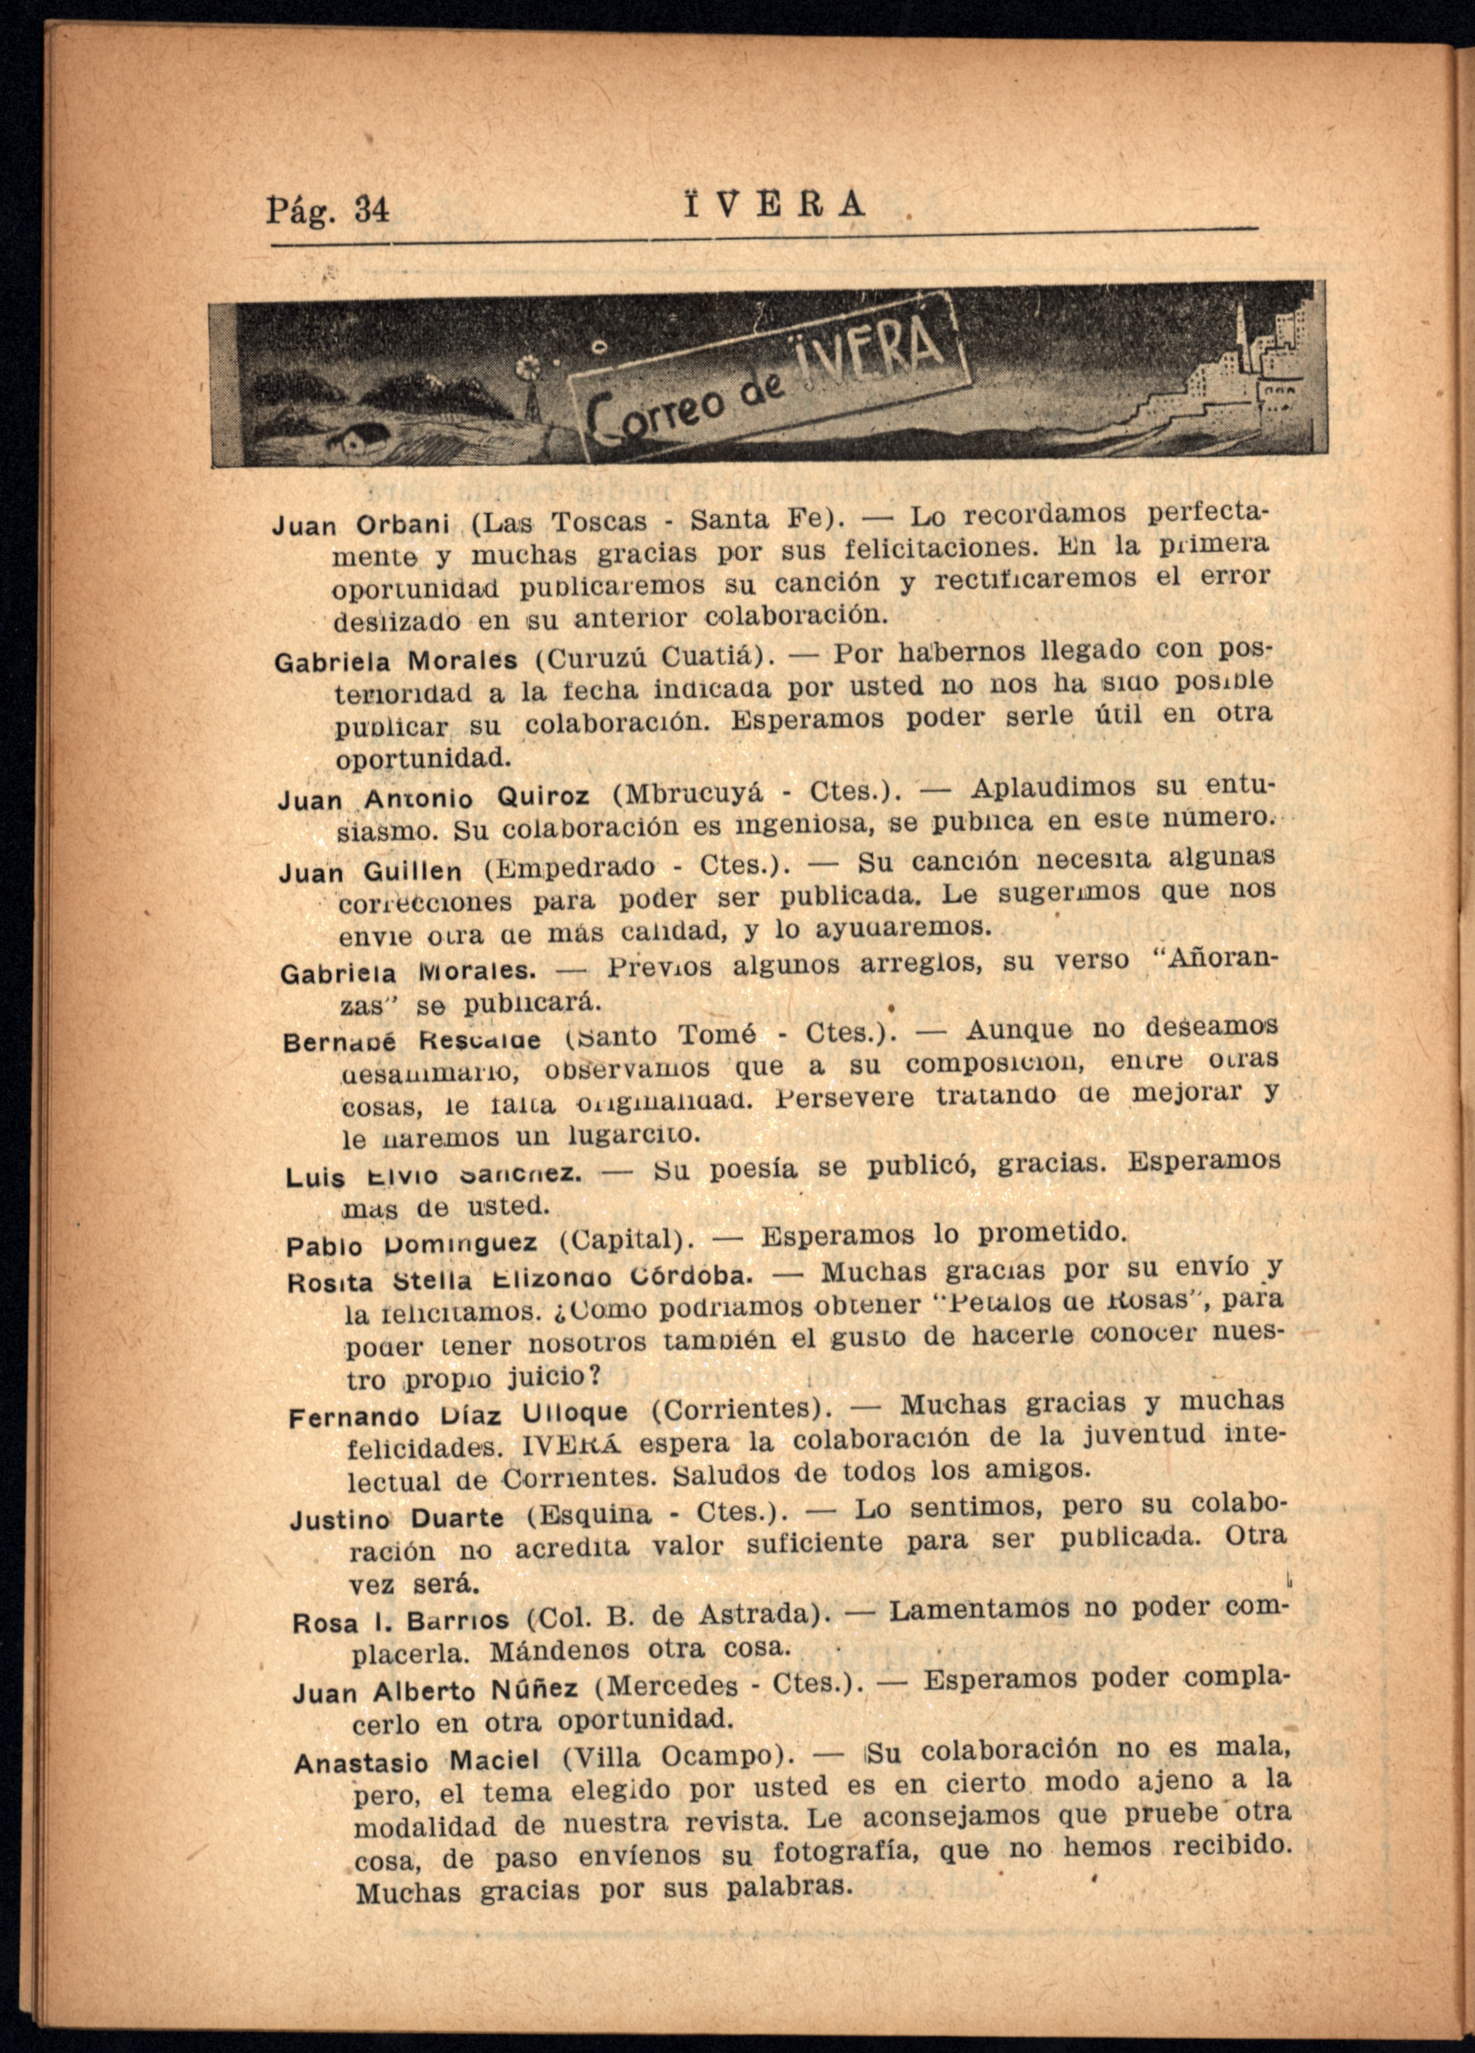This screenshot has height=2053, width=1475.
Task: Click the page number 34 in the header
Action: click(371, 210)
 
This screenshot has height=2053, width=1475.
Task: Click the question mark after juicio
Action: click(594, 1375)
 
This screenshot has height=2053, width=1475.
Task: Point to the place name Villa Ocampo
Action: click(671, 1757)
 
